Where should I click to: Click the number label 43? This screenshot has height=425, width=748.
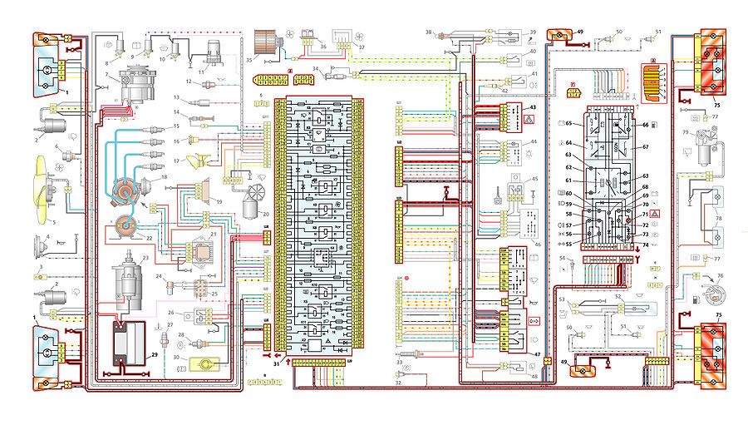click(x=534, y=109)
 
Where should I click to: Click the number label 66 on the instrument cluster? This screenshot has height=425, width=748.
click(x=643, y=125)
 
